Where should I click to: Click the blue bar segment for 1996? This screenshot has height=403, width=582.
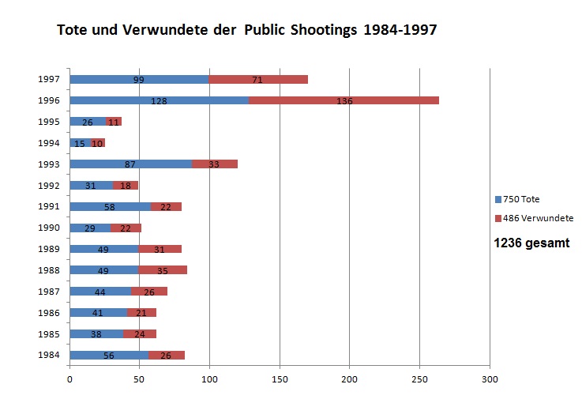tap(159, 100)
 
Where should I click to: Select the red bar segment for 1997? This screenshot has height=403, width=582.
tap(257, 79)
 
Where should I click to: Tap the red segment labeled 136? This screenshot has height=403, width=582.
tap(344, 100)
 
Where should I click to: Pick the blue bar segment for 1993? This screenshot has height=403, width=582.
tap(130, 164)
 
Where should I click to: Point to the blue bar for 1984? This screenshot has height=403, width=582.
tap(109, 356)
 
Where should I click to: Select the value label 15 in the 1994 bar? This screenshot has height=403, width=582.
tap(79, 143)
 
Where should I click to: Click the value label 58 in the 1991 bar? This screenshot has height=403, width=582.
tap(109, 207)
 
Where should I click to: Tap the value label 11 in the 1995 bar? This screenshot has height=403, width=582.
tap(114, 122)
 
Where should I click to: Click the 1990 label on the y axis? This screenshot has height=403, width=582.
tap(48, 228)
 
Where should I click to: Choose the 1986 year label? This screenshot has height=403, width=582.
tap(48, 313)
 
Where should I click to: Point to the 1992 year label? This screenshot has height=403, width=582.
tap(48, 185)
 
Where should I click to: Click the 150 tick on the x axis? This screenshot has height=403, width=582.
tap(280, 379)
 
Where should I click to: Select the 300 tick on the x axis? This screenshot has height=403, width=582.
tap(490, 379)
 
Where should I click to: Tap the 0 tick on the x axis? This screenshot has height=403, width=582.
tap(69, 379)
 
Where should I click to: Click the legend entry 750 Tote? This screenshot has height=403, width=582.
tap(522, 199)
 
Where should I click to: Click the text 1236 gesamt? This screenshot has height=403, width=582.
tap(531, 243)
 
